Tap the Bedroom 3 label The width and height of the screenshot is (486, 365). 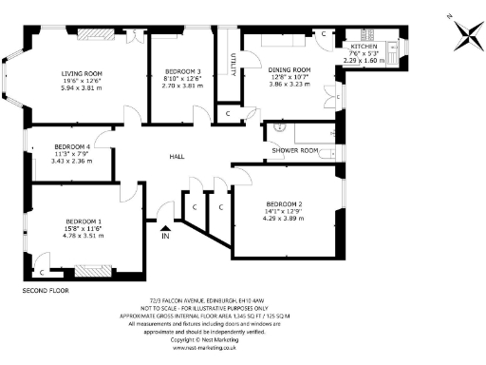[183, 72]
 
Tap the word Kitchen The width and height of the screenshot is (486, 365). [364, 47]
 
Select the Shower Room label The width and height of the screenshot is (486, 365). [294, 150]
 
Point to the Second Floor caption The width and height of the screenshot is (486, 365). [45, 288]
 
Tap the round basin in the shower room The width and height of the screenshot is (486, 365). [280, 126]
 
